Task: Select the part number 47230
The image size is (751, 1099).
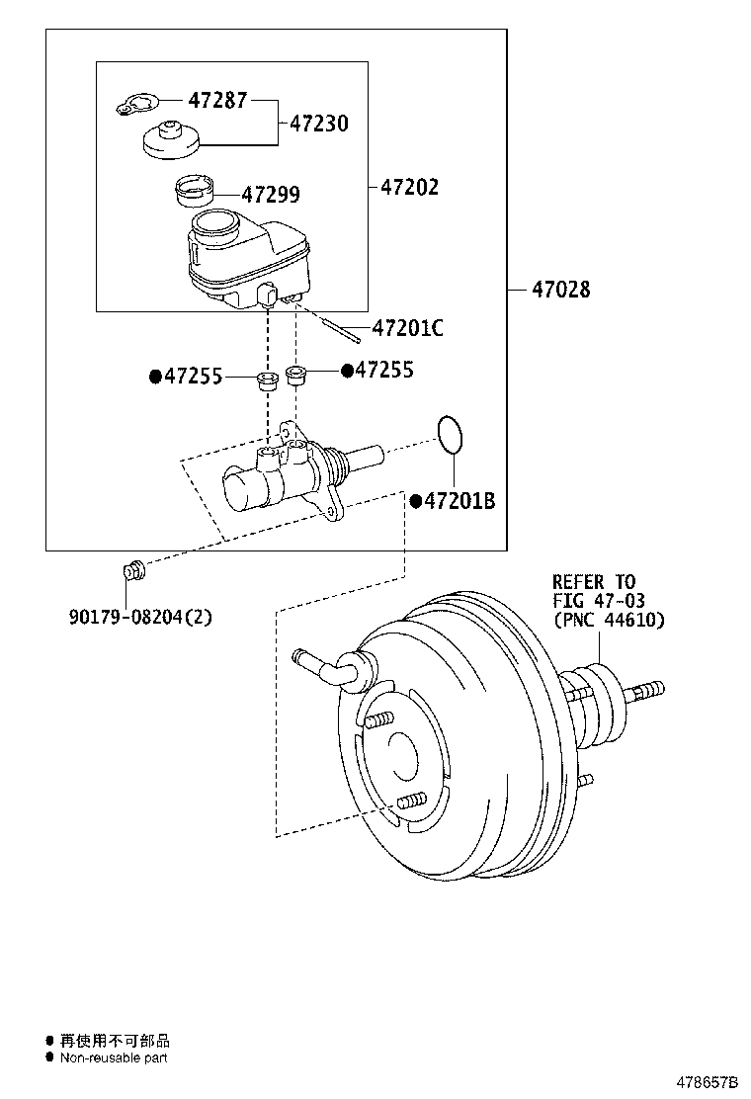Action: (x=320, y=124)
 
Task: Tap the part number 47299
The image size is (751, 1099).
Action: (x=271, y=195)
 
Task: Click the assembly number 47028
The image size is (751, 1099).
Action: (x=560, y=290)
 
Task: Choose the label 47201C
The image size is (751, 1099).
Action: (x=407, y=328)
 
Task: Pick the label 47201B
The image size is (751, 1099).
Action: (x=459, y=502)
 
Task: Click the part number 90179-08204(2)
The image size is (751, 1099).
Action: (x=140, y=617)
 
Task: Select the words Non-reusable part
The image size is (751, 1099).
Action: (x=113, y=1057)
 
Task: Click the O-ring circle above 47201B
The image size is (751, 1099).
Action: (x=449, y=432)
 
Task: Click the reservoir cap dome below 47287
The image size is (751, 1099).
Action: (x=171, y=139)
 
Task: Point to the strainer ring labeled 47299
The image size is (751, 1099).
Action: (x=195, y=187)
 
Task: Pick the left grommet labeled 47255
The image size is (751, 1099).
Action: (x=266, y=380)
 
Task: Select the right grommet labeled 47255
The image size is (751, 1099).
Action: (x=297, y=376)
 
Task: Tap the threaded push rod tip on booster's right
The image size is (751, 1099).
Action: (x=647, y=689)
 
